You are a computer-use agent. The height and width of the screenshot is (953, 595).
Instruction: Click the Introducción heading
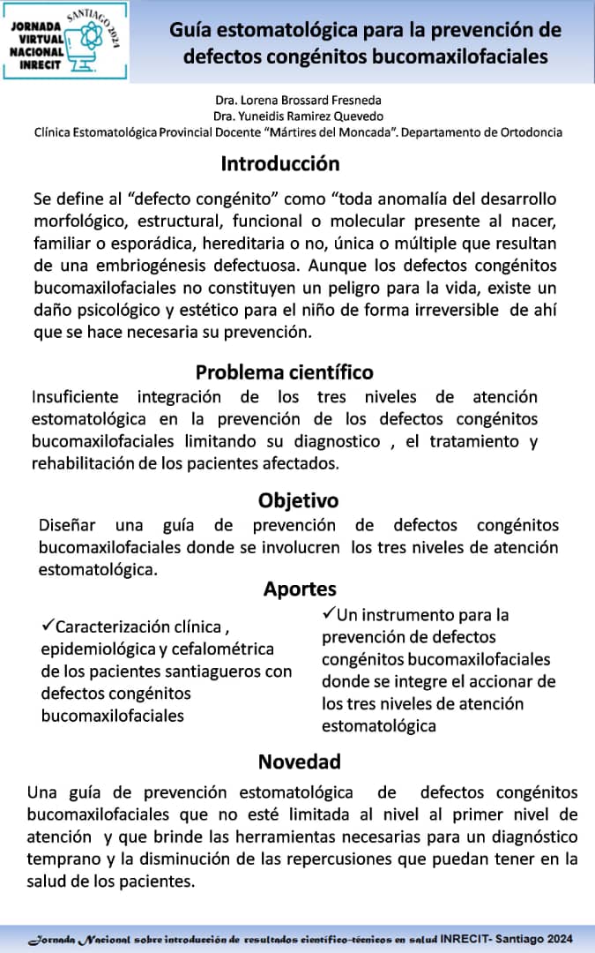coord(279,164)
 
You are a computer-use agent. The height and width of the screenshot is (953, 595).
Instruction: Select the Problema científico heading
coord(284,371)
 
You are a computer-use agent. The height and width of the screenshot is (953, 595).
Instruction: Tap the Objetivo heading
coord(298,500)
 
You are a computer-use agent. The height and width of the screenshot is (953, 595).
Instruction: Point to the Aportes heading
coord(299,589)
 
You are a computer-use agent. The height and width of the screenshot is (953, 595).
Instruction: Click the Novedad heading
coord(299,761)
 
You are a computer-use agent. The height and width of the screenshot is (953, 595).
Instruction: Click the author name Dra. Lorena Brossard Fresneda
coord(298,101)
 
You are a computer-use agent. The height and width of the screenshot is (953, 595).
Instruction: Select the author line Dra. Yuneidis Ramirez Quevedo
coord(298,116)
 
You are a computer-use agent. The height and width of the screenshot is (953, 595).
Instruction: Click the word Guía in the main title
coord(195,31)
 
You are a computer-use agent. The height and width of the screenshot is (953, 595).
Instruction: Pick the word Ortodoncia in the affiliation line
coord(531,132)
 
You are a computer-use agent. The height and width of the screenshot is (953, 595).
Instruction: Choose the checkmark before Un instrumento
coord(329,613)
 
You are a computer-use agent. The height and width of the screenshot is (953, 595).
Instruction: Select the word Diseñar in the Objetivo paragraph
coord(66,526)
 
